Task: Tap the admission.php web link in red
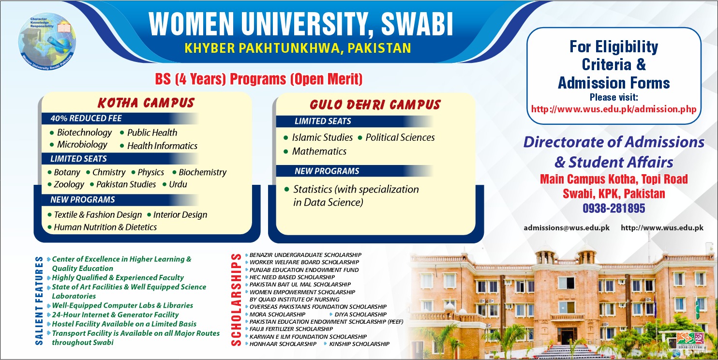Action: [x=613, y=109]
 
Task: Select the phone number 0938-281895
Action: [x=613, y=209]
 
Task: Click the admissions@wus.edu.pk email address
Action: [x=567, y=228]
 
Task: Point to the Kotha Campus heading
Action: [x=146, y=103]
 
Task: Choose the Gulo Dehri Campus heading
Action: [x=375, y=105]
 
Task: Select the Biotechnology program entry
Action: [x=84, y=133]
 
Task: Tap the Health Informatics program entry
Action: [x=162, y=146]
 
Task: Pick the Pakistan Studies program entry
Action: [x=126, y=184]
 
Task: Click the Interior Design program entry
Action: [x=180, y=215]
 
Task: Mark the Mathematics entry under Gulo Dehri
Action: [x=319, y=151]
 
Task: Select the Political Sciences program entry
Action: [x=400, y=137]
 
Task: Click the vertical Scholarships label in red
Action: [x=236, y=300]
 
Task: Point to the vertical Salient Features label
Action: [x=39, y=300]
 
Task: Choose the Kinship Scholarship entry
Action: [x=359, y=344]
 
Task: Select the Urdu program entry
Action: [x=178, y=184]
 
